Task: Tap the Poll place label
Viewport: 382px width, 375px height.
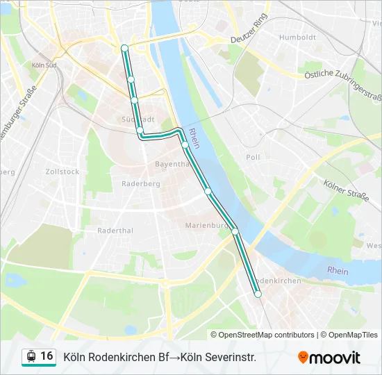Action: point(253,157)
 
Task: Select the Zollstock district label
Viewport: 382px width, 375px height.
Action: point(63,171)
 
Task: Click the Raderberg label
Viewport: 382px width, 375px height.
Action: point(140,183)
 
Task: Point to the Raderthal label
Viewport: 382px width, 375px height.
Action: point(115,230)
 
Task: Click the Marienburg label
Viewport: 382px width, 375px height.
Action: point(207,225)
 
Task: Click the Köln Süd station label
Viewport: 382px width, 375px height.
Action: point(44,65)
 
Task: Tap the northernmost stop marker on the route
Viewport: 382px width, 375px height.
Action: point(124,48)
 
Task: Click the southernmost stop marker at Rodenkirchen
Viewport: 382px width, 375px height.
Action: point(258,294)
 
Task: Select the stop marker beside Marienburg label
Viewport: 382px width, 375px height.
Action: point(235,231)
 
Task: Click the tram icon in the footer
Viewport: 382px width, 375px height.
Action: point(31,357)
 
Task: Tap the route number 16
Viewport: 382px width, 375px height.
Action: point(47,356)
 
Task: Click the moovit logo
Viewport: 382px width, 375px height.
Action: point(329,358)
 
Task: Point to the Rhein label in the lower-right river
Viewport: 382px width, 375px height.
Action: point(338,270)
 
